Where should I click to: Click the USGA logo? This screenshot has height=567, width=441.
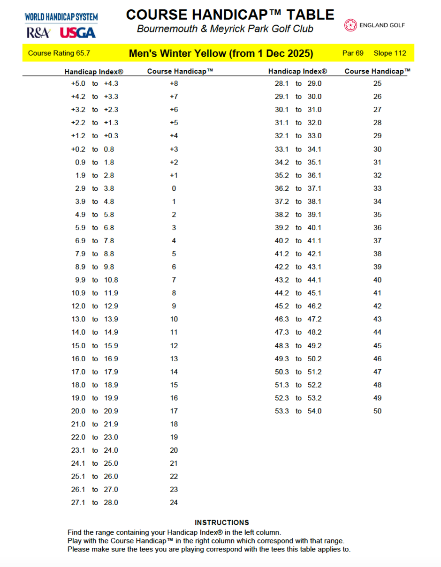click(78, 32)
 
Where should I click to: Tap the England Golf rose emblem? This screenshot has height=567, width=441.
click(350, 25)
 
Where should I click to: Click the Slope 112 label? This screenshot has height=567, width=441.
click(389, 53)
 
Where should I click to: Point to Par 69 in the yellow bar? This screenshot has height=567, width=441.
click(353, 53)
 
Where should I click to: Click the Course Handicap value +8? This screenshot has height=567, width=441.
click(174, 83)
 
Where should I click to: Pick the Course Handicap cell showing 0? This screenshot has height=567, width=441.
click(174, 188)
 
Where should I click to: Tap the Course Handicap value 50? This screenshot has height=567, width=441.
click(377, 411)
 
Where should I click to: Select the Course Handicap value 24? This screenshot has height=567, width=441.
click(174, 503)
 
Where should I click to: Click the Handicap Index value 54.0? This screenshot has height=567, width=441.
click(314, 411)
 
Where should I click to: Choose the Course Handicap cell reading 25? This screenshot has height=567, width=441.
click(377, 83)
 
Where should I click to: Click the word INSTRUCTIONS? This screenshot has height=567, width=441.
click(221, 522)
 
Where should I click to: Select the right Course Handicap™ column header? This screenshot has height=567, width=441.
click(377, 72)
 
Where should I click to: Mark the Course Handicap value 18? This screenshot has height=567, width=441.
click(174, 424)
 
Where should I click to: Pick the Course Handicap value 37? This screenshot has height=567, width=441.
click(377, 241)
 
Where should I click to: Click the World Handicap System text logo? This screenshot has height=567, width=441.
click(61, 17)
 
